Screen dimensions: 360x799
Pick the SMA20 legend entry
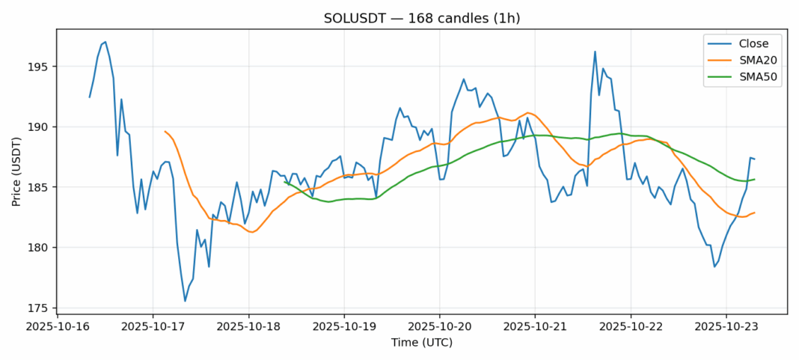tap(754, 61)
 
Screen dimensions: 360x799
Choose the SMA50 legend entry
tap(754, 78)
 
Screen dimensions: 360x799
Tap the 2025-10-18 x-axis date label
tap(248, 327)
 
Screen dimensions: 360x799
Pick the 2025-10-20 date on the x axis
tap(439, 327)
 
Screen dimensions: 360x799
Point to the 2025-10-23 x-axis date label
tap(726, 327)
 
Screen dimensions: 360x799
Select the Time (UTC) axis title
tap(422, 343)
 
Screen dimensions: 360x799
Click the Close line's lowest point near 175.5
tap(185, 301)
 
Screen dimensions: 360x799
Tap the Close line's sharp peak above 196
tap(595, 52)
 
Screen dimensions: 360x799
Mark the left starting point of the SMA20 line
tap(165, 131)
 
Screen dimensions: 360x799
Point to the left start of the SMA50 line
tap(284, 181)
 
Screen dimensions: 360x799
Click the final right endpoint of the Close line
tap(754, 159)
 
